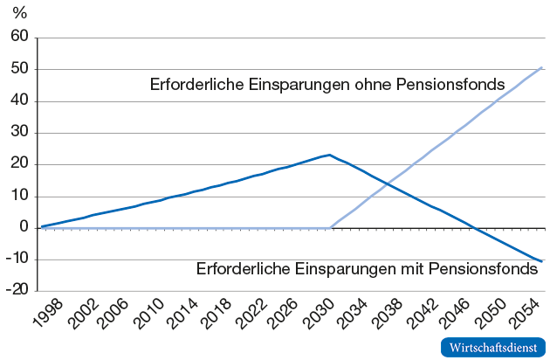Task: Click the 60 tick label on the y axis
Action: (x=20, y=38)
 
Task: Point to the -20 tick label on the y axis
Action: (x=17, y=292)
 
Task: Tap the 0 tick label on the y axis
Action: (x=24, y=228)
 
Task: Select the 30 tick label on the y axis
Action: (x=20, y=133)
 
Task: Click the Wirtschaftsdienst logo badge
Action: (x=493, y=347)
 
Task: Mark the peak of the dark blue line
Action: (x=328, y=156)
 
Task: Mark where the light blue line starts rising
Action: (x=329, y=228)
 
